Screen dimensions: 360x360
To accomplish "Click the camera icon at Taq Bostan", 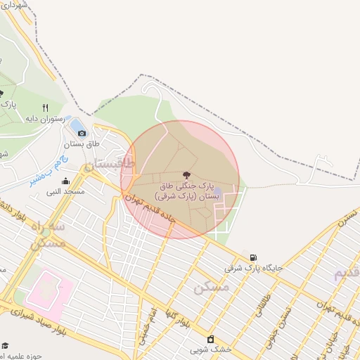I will [82, 133].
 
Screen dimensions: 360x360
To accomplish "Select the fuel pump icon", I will [252, 257].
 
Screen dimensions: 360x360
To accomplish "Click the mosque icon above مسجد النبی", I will [65, 181].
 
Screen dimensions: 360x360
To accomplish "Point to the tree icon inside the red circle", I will [186, 174].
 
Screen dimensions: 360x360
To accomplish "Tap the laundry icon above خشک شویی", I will [210, 339].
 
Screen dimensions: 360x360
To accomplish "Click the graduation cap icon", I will [5, 345].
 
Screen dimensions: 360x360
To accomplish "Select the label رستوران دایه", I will [46, 119].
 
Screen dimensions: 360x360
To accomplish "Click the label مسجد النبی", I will [65, 191].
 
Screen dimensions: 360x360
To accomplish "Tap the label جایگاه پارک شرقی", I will [253, 268].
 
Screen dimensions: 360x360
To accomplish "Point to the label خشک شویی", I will [209, 349].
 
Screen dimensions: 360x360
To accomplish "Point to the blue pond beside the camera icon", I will [75, 124].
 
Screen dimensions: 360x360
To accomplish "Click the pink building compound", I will [48, 290].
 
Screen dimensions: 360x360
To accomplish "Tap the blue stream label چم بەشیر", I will [43, 171].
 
